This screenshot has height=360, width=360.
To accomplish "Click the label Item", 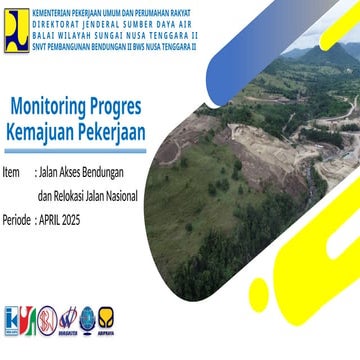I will [x=12, y=171].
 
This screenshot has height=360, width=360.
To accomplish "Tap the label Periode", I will [x=16, y=217].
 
